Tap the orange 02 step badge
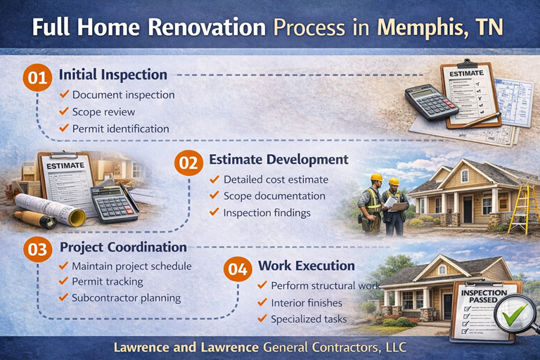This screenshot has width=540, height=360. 188,162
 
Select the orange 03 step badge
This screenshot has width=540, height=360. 37,249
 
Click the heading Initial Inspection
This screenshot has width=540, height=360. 113,75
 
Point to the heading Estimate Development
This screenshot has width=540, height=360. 278,160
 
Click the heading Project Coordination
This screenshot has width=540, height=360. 123,247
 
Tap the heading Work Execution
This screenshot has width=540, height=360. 306,266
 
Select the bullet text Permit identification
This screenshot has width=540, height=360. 120,129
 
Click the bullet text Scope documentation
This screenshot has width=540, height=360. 274,196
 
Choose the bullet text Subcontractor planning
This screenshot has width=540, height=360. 126,297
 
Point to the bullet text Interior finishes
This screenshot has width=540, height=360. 307,302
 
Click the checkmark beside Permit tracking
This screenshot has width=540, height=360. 64,282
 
